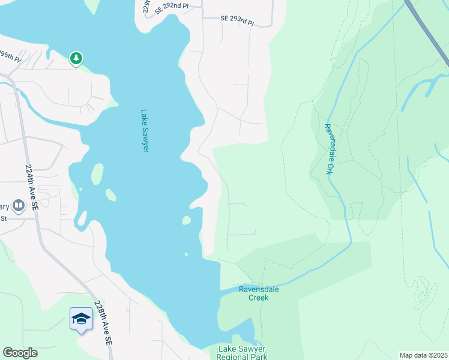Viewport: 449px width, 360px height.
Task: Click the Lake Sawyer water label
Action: coord(144,130)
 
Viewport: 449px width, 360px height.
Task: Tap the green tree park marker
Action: coord(76,58)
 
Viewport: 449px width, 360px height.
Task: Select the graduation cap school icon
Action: coord(81,319)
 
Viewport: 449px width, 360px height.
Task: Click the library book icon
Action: coord(18,206)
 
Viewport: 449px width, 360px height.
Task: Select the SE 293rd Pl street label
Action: coord(237,20)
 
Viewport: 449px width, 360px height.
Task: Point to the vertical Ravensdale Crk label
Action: coord(328,149)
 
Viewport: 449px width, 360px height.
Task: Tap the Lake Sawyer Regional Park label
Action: coord(242,353)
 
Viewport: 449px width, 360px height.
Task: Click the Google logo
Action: coord(20,353)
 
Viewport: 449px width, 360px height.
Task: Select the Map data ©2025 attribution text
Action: coord(423,355)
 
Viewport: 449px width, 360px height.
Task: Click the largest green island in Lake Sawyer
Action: coord(96,175)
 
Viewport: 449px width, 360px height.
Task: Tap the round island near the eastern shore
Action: coord(186,220)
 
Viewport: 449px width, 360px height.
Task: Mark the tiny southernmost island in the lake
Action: coord(186,254)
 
